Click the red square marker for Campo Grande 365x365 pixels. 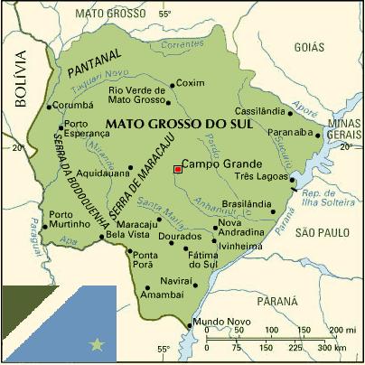coord(178,169)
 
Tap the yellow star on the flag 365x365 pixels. coord(98,344)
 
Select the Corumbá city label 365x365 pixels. coord(74,105)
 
